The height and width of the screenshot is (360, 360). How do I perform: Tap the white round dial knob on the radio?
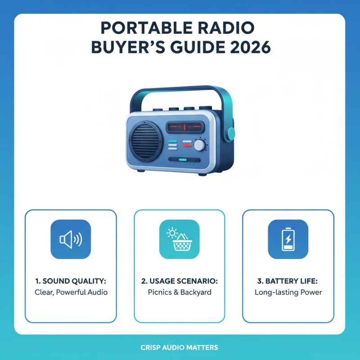point(199,145)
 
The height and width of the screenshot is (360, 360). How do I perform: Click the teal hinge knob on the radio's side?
point(231,133)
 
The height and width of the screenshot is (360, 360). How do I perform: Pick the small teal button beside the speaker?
point(172,141)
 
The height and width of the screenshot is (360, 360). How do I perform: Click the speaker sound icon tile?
point(71,239)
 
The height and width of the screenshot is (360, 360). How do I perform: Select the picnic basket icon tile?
point(180,239)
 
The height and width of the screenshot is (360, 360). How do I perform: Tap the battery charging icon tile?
point(288,239)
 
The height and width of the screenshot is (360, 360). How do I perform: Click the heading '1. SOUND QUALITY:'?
point(71,281)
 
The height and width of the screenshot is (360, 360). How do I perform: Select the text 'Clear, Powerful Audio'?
point(71,292)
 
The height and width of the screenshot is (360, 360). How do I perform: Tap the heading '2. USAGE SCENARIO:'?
point(180,281)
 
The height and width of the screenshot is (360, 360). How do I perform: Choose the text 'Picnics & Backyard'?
point(180,292)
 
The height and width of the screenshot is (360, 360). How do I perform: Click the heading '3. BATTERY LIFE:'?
point(288,281)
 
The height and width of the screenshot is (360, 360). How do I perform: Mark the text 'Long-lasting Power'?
point(288,292)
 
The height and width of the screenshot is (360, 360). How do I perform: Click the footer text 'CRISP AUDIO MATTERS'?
point(180,347)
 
